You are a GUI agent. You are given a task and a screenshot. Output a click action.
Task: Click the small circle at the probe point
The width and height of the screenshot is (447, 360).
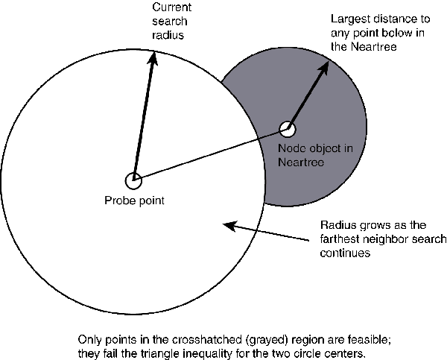pyautogui.click(x=133, y=180)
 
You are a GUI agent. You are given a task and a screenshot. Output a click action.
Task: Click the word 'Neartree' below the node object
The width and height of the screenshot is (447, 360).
pyautogui.click(x=300, y=162)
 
